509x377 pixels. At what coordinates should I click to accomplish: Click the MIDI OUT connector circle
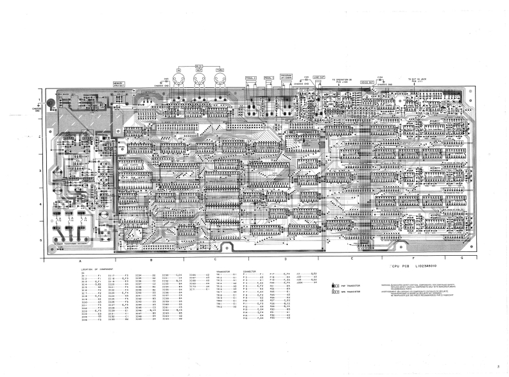[x=200, y=79]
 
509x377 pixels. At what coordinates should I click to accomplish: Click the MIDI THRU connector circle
[x=220, y=79]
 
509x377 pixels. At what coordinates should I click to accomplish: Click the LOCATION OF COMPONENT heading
[x=99, y=269]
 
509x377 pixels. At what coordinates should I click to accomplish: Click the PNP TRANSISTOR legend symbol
[x=335, y=285]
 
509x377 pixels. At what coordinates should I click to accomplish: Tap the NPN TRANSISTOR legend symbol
[x=335, y=291]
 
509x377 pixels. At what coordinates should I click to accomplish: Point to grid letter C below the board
[x=216, y=258]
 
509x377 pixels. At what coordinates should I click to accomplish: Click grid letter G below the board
[x=462, y=258]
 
